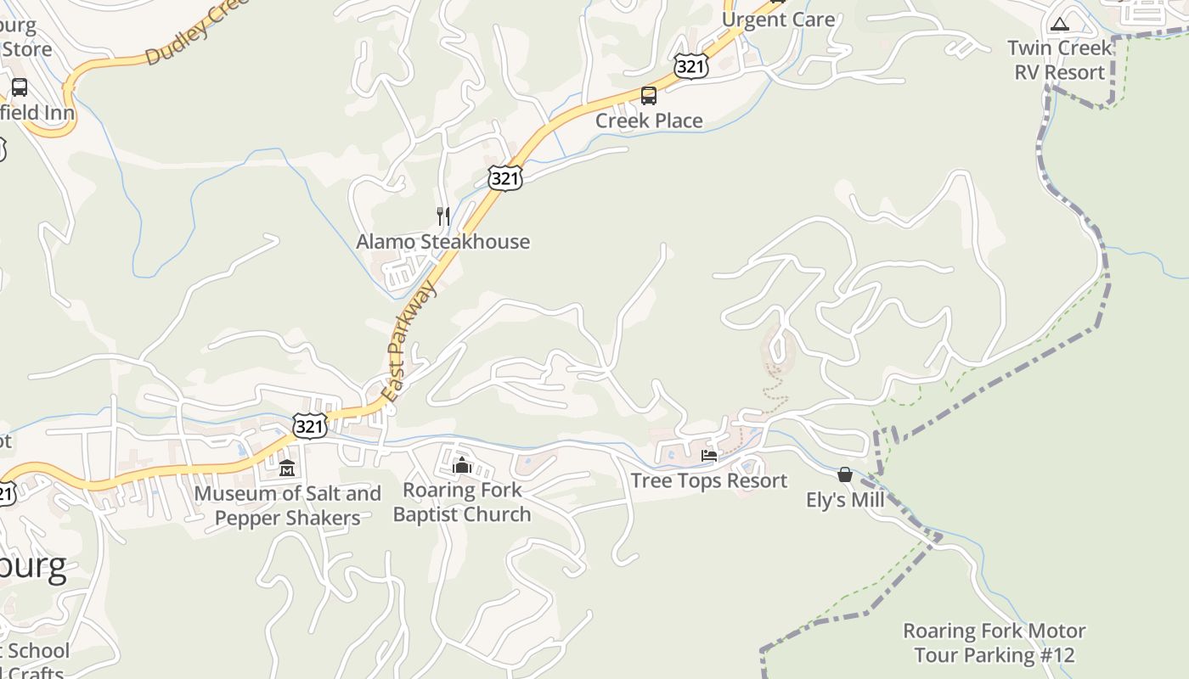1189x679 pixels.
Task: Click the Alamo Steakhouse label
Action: (x=442, y=242)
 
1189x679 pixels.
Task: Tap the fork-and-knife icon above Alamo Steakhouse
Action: (x=442, y=216)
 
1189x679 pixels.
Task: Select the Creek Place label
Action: (x=649, y=121)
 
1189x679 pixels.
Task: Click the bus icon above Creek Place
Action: (x=649, y=96)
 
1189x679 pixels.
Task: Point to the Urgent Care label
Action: (x=778, y=20)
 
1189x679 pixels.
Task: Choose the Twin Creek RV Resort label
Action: (x=1060, y=60)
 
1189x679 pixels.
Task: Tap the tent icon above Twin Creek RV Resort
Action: (x=1059, y=24)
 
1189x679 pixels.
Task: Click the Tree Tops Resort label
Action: (x=709, y=480)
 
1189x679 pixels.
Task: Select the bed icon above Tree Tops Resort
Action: (x=709, y=456)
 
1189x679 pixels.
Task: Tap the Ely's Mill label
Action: (x=845, y=500)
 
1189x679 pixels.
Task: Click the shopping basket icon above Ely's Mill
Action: (x=845, y=474)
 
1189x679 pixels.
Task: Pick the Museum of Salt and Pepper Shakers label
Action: (x=288, y=506)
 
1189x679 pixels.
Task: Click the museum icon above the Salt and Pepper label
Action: (x=287, y=468)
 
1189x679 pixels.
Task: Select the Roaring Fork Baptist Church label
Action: (x=462, y=502)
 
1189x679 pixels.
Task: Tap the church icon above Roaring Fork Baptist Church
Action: (x=462, y=465)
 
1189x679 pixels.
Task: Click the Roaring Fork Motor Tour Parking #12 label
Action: (x=994, y=643)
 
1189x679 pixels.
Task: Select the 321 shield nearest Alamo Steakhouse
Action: (x=504, y=178)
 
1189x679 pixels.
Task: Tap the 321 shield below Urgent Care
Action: (x=691, y=67)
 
